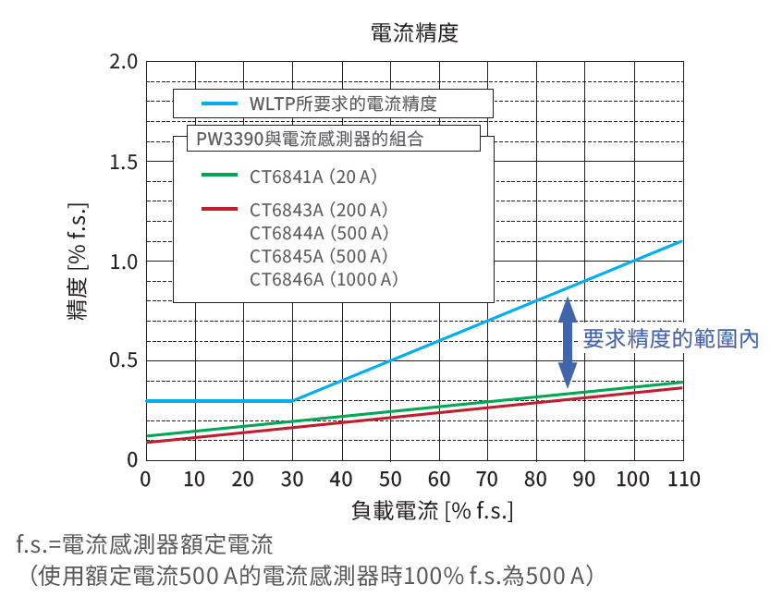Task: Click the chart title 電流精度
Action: [x=414, y=33]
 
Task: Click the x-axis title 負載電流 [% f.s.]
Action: [x=433, y=510]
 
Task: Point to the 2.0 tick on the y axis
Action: [x=123, y=63]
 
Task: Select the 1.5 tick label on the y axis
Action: [x=123, y=163]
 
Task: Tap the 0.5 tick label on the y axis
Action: [x=123, y=360]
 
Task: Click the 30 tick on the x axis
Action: [x=292, y=480]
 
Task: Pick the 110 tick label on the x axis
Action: [x=684, y=480]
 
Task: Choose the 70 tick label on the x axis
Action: [x=488, y=480]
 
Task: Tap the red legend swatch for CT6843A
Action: [x=220, y=210]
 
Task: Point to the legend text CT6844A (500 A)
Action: [x=319, y=233]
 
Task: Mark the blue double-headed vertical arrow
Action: [x=568, y=341]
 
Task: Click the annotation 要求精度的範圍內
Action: [x=671, y=339]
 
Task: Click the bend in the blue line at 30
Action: [x=292, y=400]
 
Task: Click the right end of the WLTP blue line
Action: [x=682, y=241]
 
